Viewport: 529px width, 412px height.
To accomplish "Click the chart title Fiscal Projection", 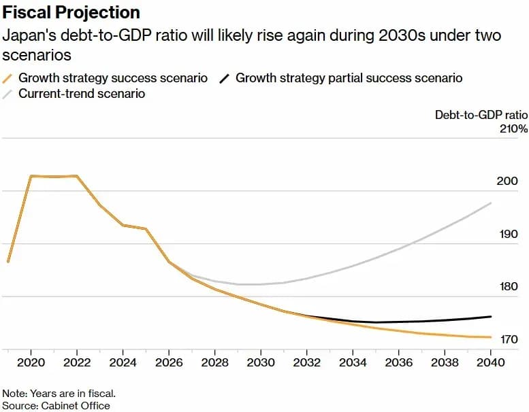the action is pyautogui.click(x=71, y=13).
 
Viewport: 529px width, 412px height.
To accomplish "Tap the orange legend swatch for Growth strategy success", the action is pyautogui.click(x=7, y=78).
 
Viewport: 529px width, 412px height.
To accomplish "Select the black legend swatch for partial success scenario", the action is pyautogui.click(x=225, y=78).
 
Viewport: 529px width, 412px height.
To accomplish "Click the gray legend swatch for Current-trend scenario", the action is pyautogui.click(x=7, y=94).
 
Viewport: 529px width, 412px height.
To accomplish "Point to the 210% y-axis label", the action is pyautogui.click(x=513, y=128).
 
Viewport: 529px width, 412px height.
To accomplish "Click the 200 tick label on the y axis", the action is pyautogui.click(x=507, y=182).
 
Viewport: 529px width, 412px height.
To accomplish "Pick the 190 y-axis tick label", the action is pyautogui.click(x=509, y=234).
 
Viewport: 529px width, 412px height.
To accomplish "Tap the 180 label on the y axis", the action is pyautogui.click(x=509, y=286).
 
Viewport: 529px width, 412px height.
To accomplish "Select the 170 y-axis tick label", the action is pyautogui.click(x=509, y=339).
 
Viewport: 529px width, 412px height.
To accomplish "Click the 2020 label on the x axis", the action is pyautogui.click(x=31, y=362).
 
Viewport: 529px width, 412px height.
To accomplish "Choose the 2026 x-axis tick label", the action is pyautogui.click(x=169, y=362).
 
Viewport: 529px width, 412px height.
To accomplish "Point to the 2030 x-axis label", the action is pyautogui.click(x=261, y=362).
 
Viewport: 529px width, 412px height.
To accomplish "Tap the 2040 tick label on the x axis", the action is pyautogui.click(x=491, y=362).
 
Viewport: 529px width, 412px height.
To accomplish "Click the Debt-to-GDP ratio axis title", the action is pyautogui.click(x=481, y=115).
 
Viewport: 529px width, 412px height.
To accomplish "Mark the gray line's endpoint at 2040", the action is pyautogui.click(x=491, y=203).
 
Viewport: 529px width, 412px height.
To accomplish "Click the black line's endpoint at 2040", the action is pyautogui.click(x=491, y=317).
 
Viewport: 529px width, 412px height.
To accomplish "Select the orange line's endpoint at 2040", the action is pyautogui.click(x=491, y=337).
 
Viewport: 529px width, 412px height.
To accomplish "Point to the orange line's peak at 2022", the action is pyautogui.click(x=77, y=175).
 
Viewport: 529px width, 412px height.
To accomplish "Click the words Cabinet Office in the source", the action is pyautogui.click(x=76, y=406).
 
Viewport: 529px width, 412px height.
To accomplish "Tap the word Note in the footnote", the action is pyautogui.click(x=14, y=394).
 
